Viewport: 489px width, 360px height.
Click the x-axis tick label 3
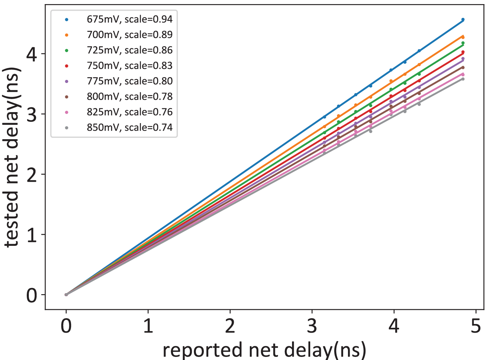[312, 326]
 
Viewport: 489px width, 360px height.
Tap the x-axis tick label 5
[476, 326]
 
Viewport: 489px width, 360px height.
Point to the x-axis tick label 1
[148, 326]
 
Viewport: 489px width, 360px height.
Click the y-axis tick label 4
[32, 54]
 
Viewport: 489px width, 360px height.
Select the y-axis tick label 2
[32, 175]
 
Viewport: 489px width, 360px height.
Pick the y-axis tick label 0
[32, 295]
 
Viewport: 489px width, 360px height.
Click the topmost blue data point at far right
[463, 20]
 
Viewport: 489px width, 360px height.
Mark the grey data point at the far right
[463, 79]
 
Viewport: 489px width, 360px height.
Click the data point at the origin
[66, 295]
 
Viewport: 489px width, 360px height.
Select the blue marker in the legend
[67, 20]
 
